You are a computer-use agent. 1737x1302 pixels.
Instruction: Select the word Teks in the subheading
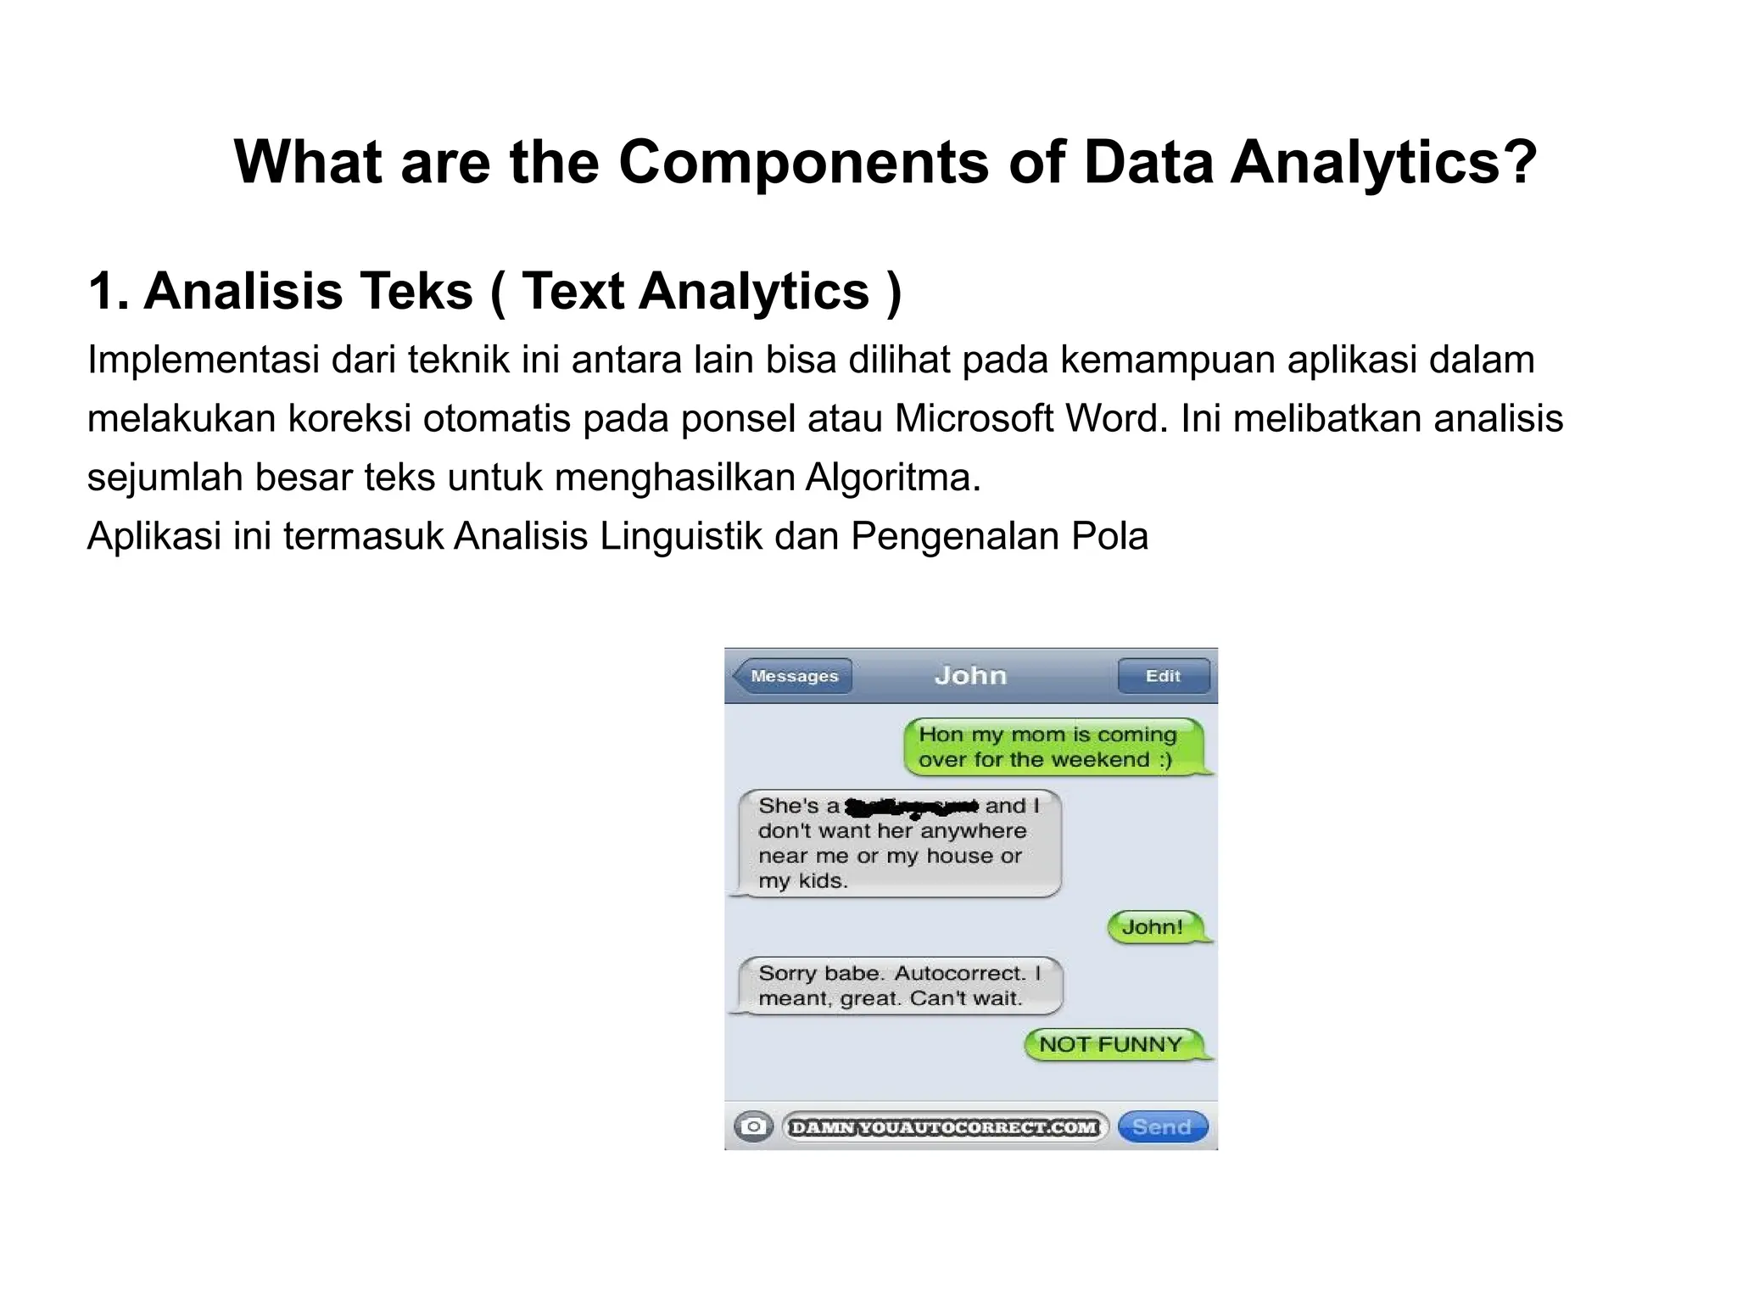pos(416,292)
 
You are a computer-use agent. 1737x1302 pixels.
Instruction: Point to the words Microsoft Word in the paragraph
pos(1026,419)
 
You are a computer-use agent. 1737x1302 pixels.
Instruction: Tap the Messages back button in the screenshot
pos(792,676)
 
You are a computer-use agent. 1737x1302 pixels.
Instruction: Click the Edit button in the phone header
pos(1163,676)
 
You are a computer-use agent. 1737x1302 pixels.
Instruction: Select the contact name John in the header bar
pos(970,676)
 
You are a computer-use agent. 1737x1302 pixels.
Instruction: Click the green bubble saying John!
pos(1153,927)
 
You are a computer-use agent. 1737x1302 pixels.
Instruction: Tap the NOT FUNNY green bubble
pos(1111,1044)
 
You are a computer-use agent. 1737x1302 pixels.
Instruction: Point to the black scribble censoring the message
pos(913,806)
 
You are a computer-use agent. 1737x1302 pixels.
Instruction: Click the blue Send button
pos(1162,1126)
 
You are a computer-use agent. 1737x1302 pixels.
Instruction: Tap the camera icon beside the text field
pos(752,1126)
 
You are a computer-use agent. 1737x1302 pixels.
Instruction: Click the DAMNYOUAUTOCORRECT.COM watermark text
pos(943,1127)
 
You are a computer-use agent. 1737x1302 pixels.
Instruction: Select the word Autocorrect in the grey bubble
pos(959,973)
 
